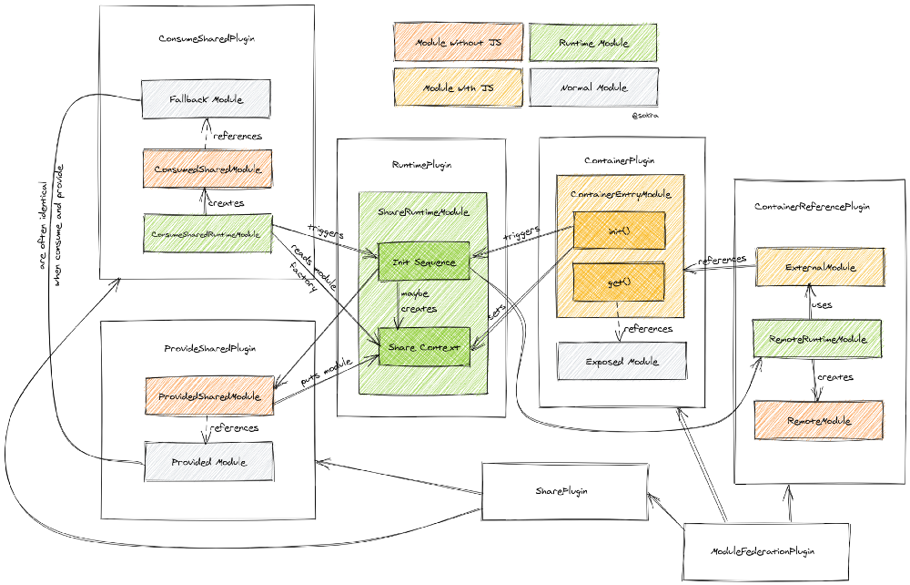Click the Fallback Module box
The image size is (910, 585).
[206, 98]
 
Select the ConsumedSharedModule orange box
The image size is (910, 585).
[207, 169]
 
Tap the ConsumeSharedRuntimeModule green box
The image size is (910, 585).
[208, 234]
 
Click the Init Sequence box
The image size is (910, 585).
[423, 262]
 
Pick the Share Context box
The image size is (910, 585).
[423, 347]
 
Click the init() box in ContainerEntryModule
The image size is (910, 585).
[619, 231]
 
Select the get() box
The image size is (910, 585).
[619, 282]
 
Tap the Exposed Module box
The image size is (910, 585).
[622, 362]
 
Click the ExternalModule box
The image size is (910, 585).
[820, 267]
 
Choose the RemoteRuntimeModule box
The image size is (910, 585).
[817, 339]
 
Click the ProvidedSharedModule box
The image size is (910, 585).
[208, 396]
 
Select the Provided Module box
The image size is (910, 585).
[208, 462]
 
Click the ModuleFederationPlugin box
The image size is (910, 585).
[765, 551]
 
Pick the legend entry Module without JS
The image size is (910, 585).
[458, 42]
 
